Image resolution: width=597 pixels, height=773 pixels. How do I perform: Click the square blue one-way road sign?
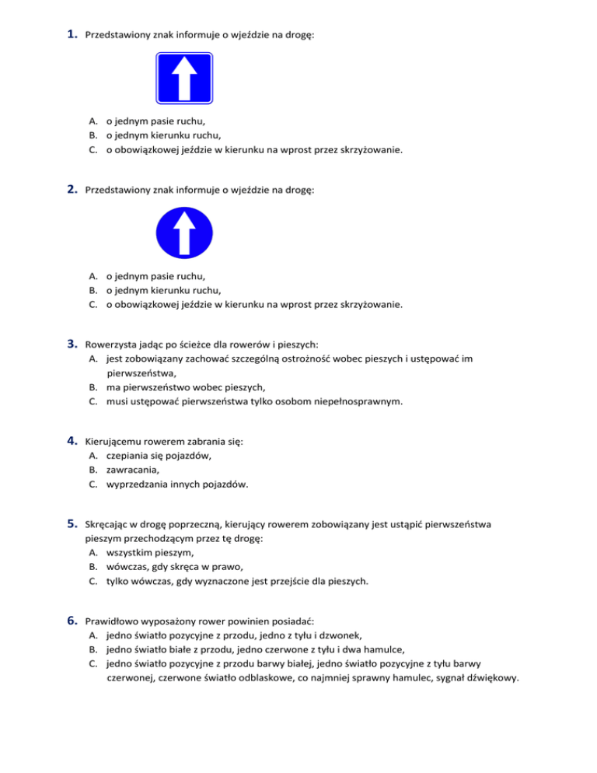[x=184, y=78]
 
